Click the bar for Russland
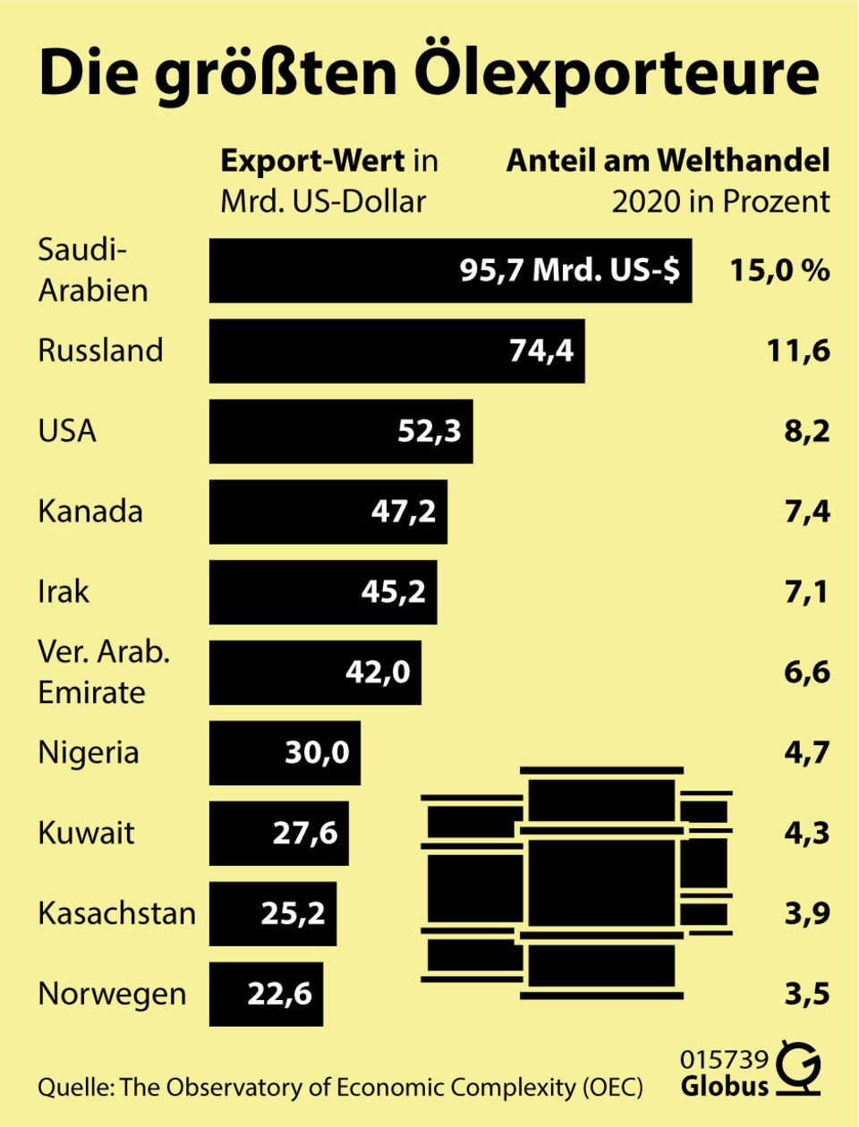click(x=396, y=351)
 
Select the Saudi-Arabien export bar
click(x=450, y=270)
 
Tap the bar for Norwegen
click(x=266, y=994)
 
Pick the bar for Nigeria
click(x=285, y=752)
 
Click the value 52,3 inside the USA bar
click(x=429, y=431)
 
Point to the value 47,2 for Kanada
click(x=404, y=512)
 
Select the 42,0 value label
click(x=378, y=672)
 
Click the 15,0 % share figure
click(x=779, y=270)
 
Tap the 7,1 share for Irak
click(x=807, y=591)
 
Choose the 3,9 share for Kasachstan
click(x=807, y=913)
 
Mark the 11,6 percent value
click(x=798, y=351)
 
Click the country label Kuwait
click(x=86, y=833)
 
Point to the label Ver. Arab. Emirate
click(x=103, y=672)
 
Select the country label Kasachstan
click(x=116, y=913)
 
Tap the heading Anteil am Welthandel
click(x=668, y=161)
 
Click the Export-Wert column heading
click(x=312, y=161)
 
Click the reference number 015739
click(x=724, y=1060)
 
